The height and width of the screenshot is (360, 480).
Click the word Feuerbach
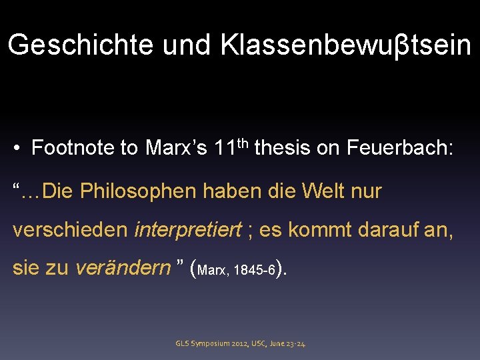(399, 148)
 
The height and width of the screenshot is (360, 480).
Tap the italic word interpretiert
(188, 230)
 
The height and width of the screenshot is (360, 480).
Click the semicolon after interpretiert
(249, 231)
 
